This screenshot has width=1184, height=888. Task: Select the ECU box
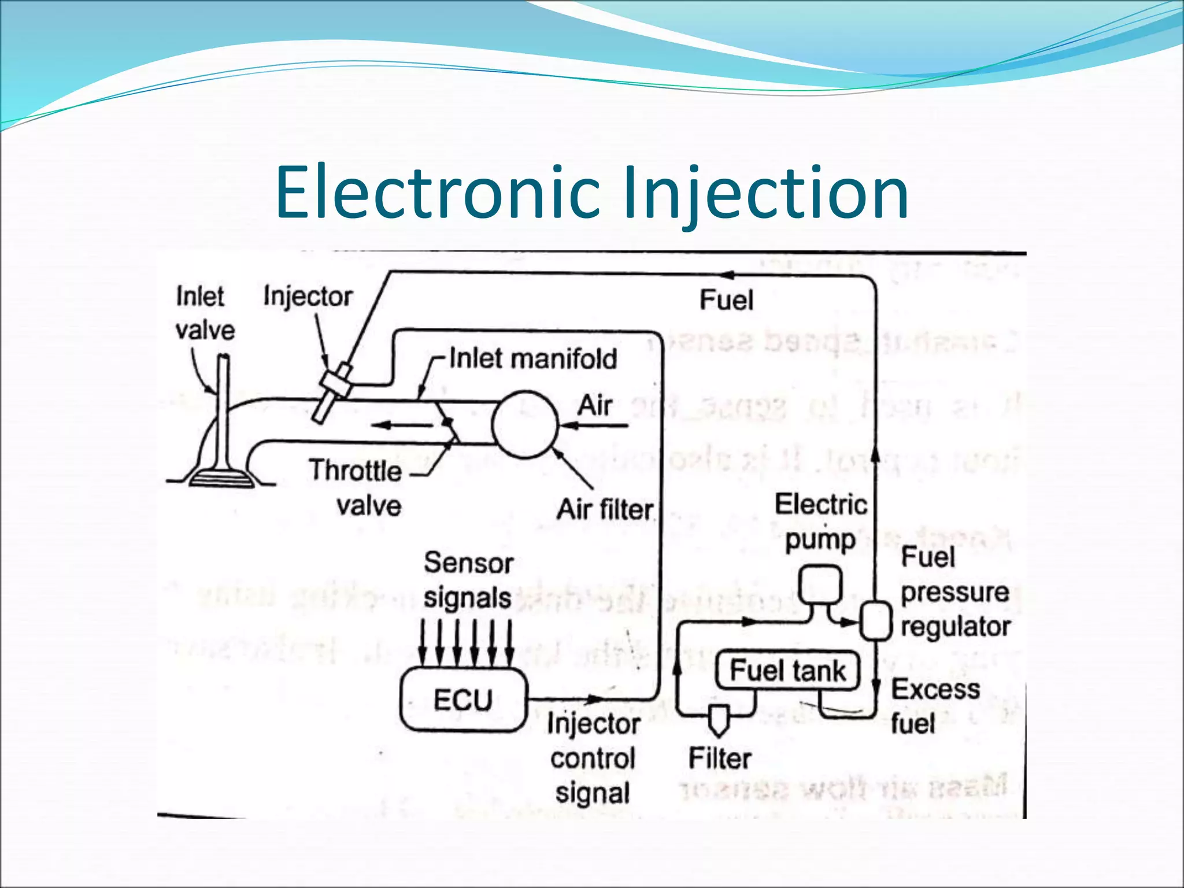tap(463, 700)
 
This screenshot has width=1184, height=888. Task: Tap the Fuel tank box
tap(787, 671)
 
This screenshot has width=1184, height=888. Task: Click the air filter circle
tap(524, 425)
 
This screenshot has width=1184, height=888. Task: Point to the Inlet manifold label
tap(532, 358)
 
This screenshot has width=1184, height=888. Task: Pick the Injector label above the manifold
tap(308, 297)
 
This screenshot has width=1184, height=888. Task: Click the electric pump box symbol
tap(820, 586)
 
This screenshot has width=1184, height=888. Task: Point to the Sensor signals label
tap(468, 580)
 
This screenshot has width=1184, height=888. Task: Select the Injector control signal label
tap(593, 758)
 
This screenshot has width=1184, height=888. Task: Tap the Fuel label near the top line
tap(726, 301)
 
